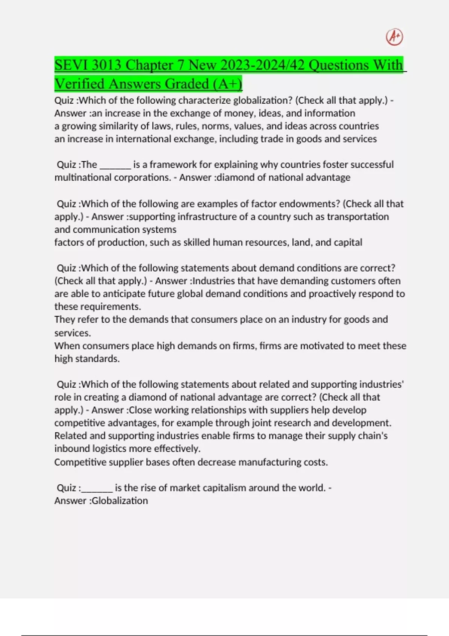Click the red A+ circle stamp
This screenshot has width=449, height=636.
[x=394, y=37]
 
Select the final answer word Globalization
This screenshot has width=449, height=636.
[x=120, y=501]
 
